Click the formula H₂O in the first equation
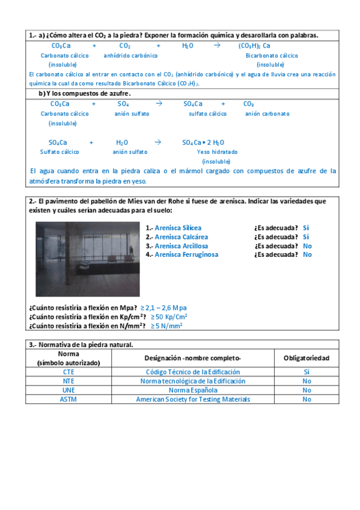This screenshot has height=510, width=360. point(188,46)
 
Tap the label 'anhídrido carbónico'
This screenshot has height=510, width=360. point(130,55)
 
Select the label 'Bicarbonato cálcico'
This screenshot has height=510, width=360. point(272,55)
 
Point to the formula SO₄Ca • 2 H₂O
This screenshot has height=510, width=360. point(203,143)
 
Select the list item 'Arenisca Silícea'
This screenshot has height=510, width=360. point(178,228)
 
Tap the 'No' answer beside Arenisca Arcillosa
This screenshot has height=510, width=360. point(307,246)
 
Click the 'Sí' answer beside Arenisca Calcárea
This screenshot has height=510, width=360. point(306,237)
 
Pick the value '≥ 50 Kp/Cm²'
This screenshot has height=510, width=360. point(168,317)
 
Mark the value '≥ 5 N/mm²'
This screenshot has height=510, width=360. point(166,326)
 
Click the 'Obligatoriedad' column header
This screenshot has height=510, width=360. point(306,358)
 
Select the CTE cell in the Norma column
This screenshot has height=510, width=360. point(69,372)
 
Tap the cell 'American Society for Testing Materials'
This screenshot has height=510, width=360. point(193,399)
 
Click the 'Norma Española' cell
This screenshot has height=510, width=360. point(193,390)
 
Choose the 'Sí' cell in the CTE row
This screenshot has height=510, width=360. point(307,372)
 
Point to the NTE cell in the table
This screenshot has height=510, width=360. point(69,381)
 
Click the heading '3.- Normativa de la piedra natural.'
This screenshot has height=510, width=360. point(81,345)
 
